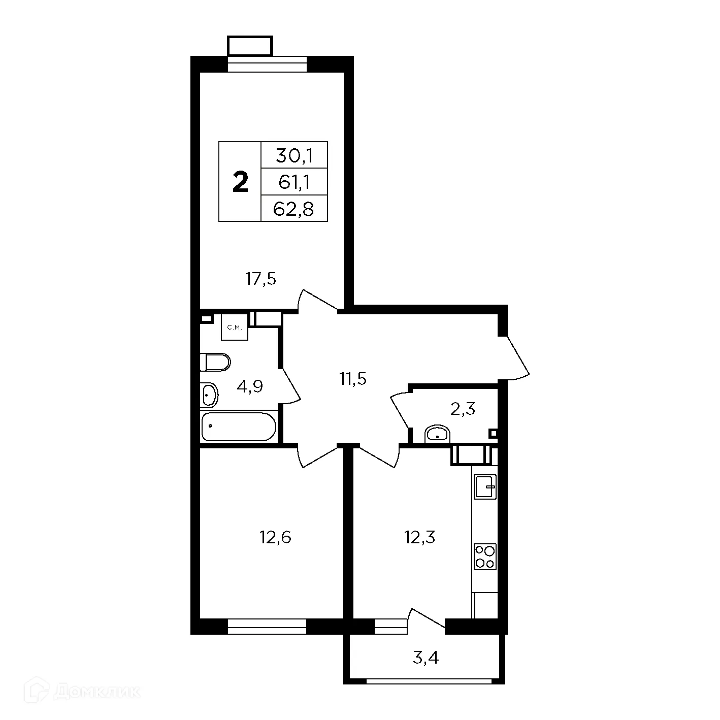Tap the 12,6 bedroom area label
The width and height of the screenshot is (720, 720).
pyautogui.click(x=276, y=537)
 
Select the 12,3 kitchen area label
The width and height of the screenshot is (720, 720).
pyautogui.click(x=420, y=537)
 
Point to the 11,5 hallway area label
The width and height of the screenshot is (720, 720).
pyautogui.click(x=353, y=378)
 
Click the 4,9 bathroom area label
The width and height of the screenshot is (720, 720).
pyautogui.click(x=250, y=387)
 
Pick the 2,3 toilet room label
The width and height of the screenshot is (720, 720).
pyautogui.click(x=463, y=408)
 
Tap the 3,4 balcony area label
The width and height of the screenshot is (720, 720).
pyautogui.click(x=426, y=659)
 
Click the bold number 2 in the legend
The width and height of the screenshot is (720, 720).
pyautogui.click(x=240, y=182)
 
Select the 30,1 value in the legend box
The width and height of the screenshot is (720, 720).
pyautogui.click(x=294, y=155)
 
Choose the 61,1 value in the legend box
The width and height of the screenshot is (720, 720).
pyautogui.click(x=294, y=182)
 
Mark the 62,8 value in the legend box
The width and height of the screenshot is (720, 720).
pyautogui.click(x=294, y=208)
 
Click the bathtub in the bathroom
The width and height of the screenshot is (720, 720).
pyautogui.click(x=239, y=427)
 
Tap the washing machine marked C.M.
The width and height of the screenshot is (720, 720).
pyautogui.click(x=235, y=328)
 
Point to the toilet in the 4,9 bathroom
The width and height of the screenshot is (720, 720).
pyautogui.click(x=216, y=362)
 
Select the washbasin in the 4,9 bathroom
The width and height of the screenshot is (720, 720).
pyautogui.click(x=209, y=395)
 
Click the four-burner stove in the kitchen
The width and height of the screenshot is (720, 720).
pyautogui.click(x=485, y=557)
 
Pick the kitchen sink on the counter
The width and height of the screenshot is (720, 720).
pyautogui.click(x=485, y=487)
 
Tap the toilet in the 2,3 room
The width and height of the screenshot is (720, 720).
pyautogui.click(x=437, y=435)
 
